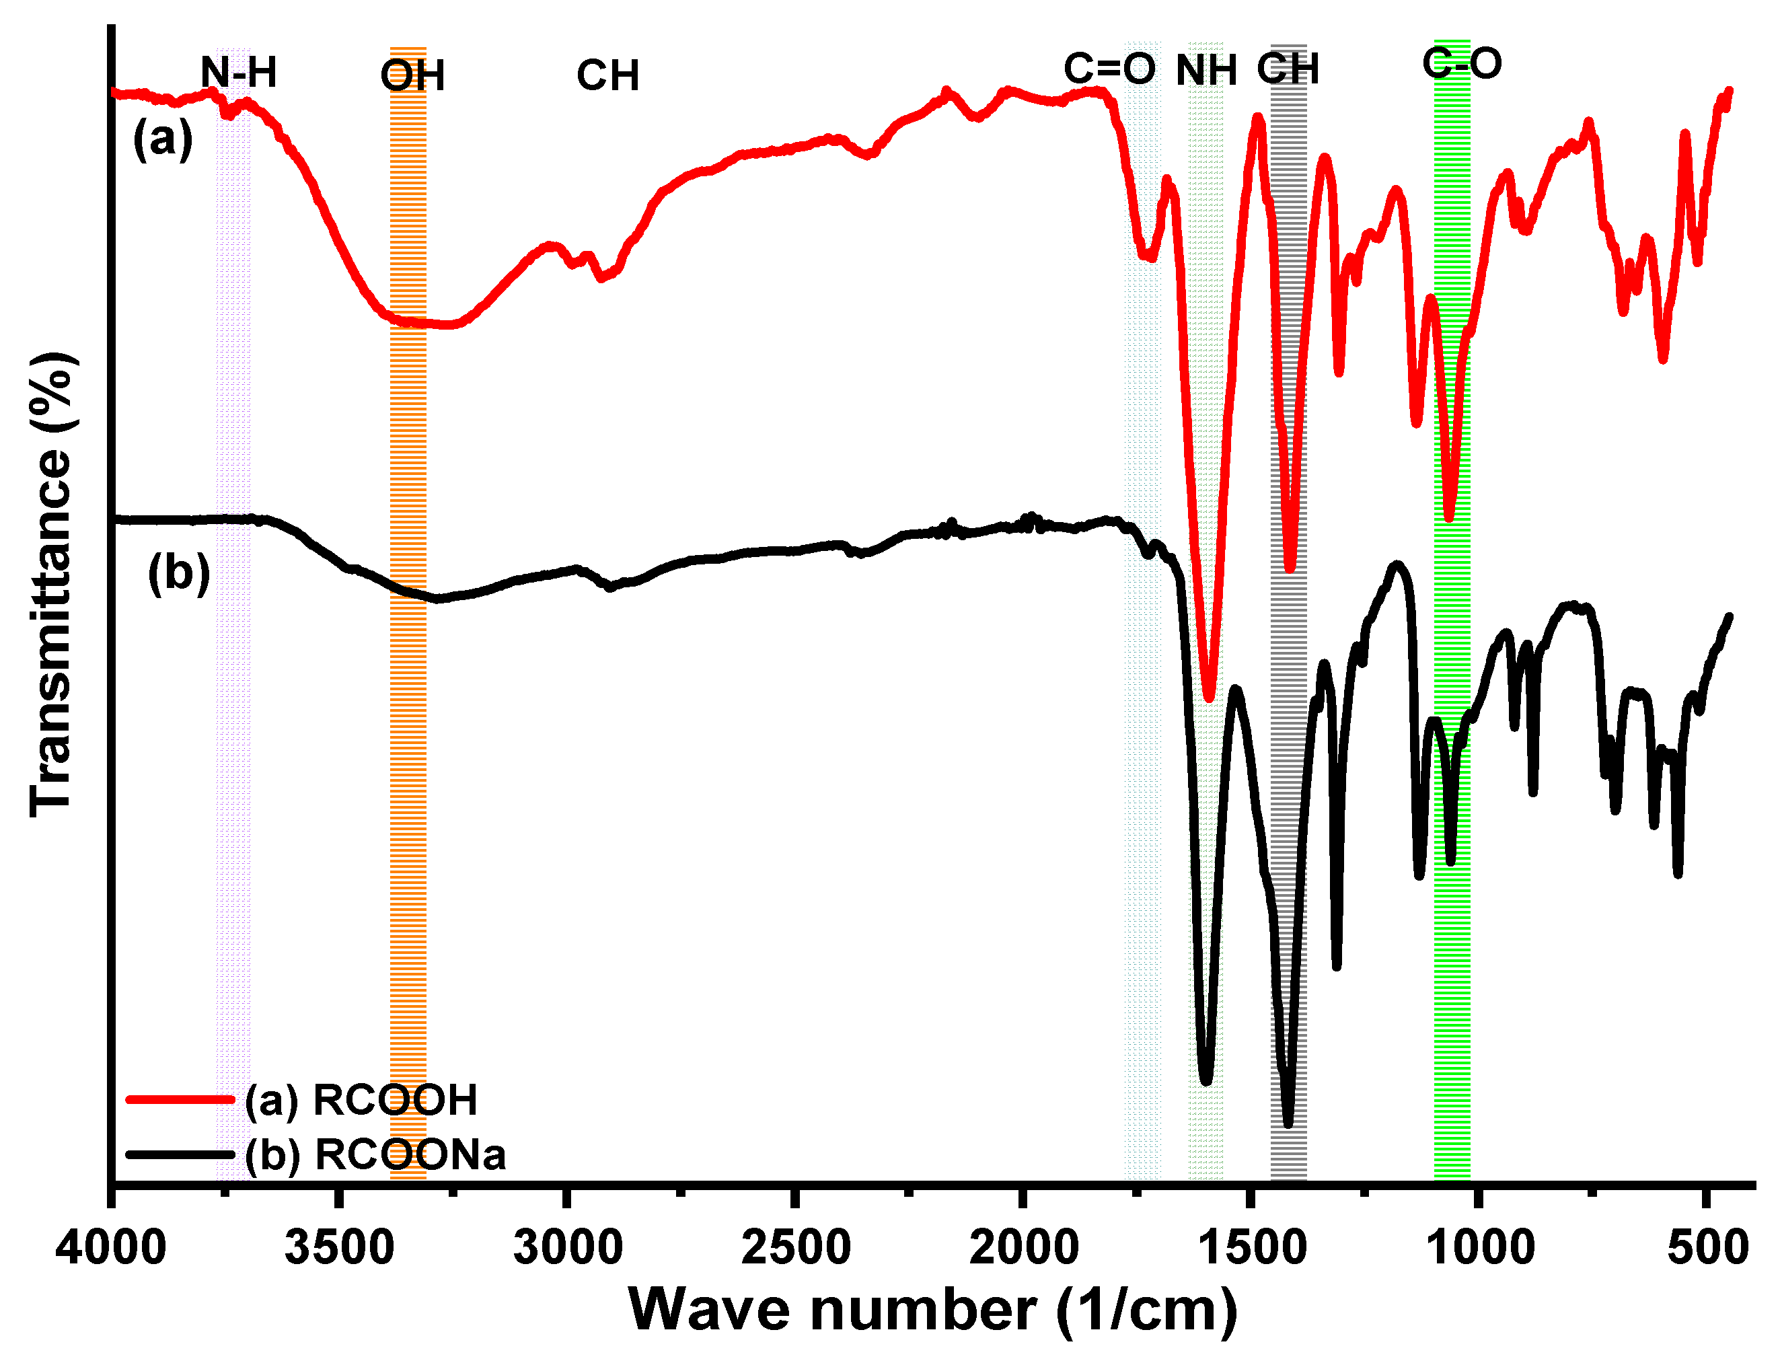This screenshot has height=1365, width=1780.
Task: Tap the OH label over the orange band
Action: point(412,77)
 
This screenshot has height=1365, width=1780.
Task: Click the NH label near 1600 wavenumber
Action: point(1206,70)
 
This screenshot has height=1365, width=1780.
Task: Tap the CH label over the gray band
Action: point(1288,69)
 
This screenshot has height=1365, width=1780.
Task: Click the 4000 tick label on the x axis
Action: point(110,1247)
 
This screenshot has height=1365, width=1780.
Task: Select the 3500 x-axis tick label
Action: point(340,1247)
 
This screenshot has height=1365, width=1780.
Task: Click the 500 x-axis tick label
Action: point(1708,1247)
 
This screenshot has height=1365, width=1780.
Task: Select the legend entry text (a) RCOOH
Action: point(361,1100)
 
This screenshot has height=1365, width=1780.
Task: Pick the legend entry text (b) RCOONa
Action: point(375,1154)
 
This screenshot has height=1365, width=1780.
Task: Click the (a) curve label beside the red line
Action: point(163,138)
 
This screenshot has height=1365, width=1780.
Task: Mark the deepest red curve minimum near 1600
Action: point(1209,696)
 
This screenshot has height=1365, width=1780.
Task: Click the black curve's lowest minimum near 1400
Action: point(1288,1123)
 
